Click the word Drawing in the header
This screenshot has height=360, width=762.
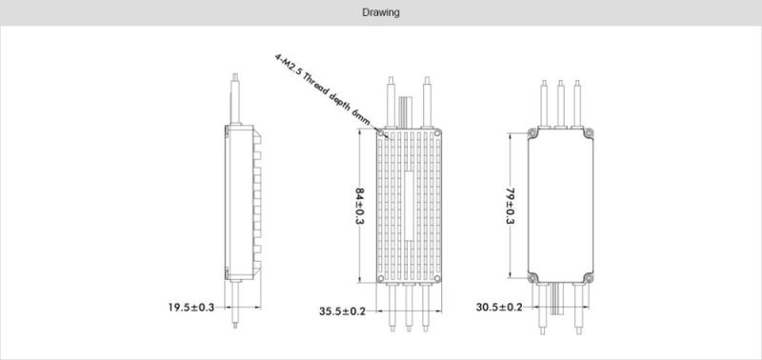click(x=381, y=12)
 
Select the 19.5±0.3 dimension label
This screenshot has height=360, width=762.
click(x=191, y=307)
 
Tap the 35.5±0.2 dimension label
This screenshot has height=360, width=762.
click(x=342, y=311)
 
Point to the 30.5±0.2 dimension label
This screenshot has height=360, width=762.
click(x=499, y=307)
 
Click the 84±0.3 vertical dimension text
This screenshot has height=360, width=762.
click(x=360, y=206)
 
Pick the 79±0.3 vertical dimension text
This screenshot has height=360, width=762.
click(x=511, y=206)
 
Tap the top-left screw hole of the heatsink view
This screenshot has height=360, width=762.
click(x=380, y=133)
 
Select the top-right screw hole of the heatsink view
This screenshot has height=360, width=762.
click(x=437, y=133)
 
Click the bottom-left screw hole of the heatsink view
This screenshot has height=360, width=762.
click(x=380, y=278)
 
